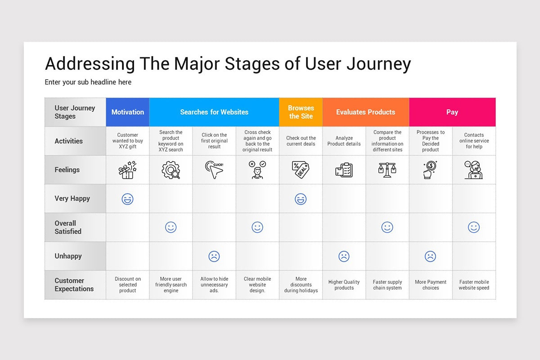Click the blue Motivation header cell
tap(127, 112)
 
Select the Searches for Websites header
tap(214, 112)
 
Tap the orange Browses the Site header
tap(301, 112)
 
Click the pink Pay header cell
tap(452, 112)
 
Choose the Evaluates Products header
tap(365, 112)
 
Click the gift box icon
tap(127, 170)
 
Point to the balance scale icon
tap(387, 170)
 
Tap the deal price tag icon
tap(301, 170)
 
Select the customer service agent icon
tap(473, 170)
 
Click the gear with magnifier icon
tap(171, 170)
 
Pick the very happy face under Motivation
tap(127, 199)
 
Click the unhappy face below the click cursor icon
tap(214, 256)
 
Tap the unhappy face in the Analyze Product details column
tap(344, 256)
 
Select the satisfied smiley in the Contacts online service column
tap(473, 227)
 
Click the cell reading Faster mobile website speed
tap(473, 285)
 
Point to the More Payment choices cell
tap(430, 285)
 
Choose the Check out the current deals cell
tap(301, 141)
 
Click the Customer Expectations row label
tap(74, 285)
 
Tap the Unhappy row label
tap(68, 256)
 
